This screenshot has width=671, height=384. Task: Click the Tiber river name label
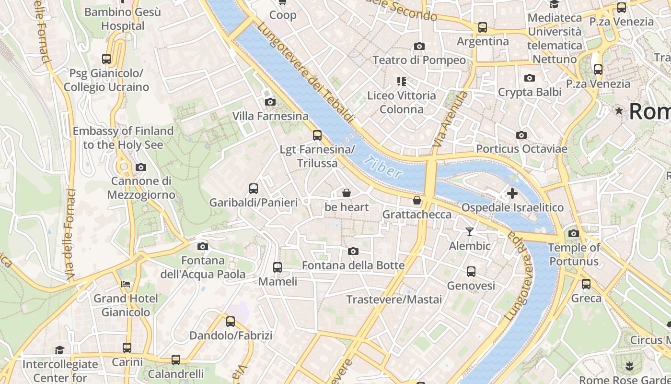pos(382,167)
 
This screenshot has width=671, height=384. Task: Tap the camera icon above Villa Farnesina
pos(270,102)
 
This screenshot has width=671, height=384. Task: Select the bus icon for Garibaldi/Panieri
pos(254,189)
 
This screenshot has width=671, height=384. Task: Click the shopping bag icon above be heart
pos(347,193)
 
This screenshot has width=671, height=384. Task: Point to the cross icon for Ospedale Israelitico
pos(512,194)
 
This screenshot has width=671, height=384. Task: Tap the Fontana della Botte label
pos(353,265)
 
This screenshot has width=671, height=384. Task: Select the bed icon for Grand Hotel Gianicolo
pos(126,284)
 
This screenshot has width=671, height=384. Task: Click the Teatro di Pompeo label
pos(419,60)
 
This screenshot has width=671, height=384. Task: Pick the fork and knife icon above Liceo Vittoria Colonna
pos(402,82)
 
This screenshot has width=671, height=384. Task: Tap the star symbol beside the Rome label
pos(619,111)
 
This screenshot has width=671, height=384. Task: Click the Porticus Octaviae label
pos(521,149)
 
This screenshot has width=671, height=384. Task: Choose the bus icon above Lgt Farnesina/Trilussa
pos(317,135)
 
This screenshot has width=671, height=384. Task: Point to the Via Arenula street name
pos(450,119)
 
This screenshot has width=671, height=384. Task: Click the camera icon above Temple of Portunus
pos(574,234)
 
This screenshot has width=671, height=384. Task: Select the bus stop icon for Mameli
pos(278,267)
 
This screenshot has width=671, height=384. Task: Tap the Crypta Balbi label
pos(530,92)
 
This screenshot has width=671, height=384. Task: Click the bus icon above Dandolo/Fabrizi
pos(231,322)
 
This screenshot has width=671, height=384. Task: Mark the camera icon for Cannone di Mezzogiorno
pos(141,168)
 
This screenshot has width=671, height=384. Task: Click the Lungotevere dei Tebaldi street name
pos(306,72)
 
